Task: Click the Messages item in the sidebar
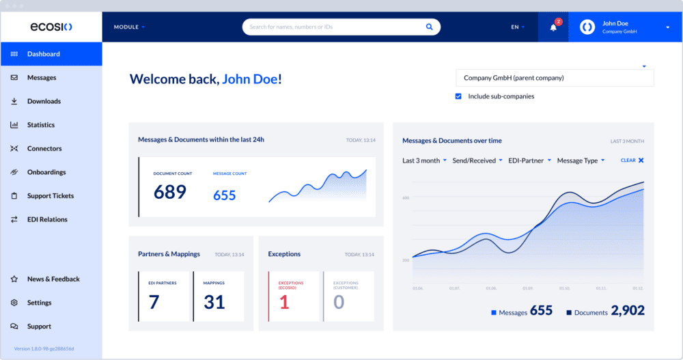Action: [42, 78]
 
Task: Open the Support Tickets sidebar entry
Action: [50, 196]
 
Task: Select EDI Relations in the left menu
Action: [47, 219]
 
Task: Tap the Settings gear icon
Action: [14, 303]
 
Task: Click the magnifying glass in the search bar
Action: [430, 27]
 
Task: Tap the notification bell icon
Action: [553, 27]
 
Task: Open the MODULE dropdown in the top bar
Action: [129, 27]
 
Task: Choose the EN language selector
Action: [518, 27]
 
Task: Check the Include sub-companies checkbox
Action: [458, 96]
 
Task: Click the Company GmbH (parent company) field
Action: [554, 78]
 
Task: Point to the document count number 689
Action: [169, 192]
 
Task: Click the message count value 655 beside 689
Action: [224, 195]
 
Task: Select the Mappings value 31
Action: [214, 302]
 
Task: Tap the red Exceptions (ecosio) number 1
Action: [284, 302]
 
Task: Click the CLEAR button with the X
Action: [632, 161]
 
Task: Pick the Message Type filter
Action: [580, 161]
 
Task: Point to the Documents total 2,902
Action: [628, 311]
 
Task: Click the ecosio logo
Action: [51, 27]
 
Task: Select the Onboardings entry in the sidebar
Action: [46, 172]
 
